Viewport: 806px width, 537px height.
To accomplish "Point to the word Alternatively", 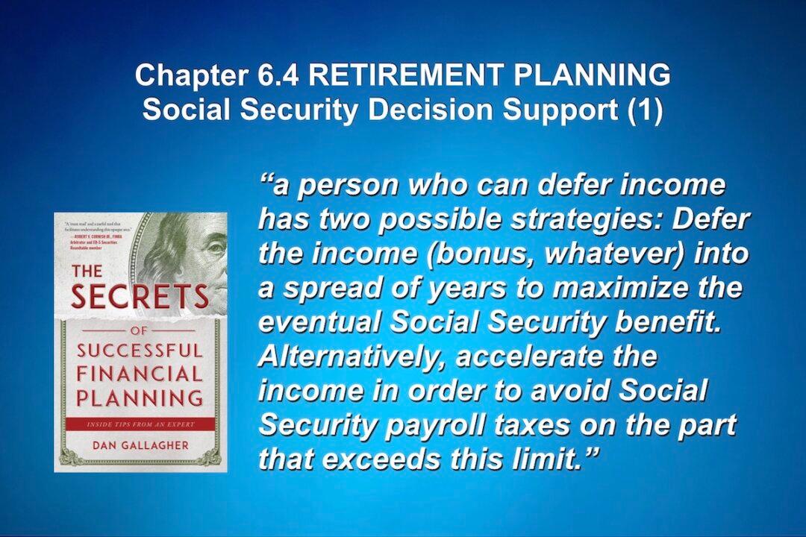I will point(351,357).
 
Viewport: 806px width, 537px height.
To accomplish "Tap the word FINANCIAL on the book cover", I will point(140,373).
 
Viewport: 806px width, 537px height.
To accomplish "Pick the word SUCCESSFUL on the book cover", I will point(140,350).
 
